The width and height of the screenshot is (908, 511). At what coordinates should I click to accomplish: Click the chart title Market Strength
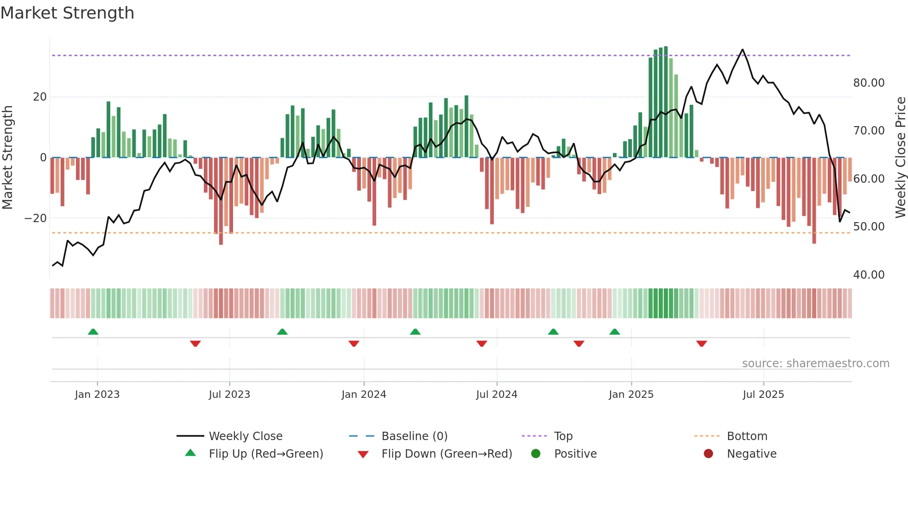point(67,13)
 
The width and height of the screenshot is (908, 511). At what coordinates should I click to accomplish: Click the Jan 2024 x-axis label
point(364,395)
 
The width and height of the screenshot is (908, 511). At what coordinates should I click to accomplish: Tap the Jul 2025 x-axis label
point(763,395)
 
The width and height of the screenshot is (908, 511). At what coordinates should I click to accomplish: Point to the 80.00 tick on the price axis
point(869,83)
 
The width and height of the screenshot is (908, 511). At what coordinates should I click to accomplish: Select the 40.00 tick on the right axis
point(869,275)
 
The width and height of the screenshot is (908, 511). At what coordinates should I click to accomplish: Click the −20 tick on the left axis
point(36,218)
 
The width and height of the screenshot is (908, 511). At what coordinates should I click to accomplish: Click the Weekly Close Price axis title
point(900,158)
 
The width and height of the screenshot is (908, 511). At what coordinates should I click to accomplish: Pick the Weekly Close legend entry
point(245,436)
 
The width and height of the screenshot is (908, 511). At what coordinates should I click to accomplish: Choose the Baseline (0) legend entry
point(414,436)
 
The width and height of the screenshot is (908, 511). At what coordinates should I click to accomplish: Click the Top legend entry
point(563,436)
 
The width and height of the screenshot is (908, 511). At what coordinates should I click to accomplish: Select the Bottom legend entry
point(747,436)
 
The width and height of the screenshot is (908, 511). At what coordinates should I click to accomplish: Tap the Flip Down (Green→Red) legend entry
point(446,454)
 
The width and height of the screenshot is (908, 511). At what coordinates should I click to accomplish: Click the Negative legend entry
point(751,454)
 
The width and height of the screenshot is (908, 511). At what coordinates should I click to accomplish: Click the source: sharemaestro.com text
point(815,364)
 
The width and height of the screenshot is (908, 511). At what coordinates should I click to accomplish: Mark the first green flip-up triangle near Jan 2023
point(93,332)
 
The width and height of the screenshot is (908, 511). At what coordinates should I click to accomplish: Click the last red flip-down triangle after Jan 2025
point(701,344)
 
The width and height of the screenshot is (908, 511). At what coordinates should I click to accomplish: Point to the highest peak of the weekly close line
point(743,50)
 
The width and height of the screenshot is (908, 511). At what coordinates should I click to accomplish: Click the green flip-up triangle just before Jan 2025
point(615,332)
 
